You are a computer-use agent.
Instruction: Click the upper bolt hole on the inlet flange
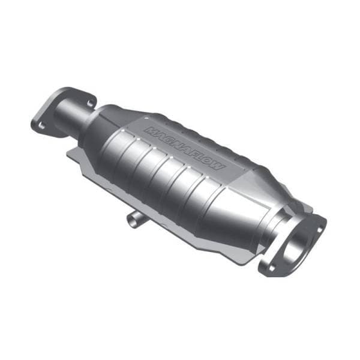pyautogui.click(x=90, y=103)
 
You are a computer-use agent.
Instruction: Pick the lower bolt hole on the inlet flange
pyautogui.click(x=42, y=125)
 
